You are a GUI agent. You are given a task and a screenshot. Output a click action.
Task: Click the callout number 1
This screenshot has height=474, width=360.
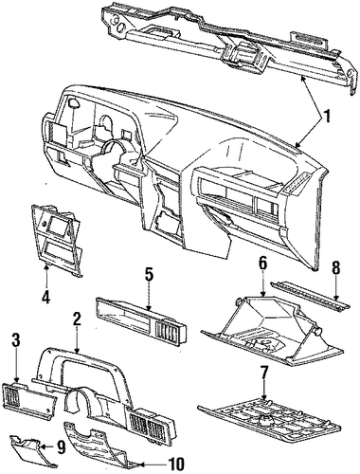327,117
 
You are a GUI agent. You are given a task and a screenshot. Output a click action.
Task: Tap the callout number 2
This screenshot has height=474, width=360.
77,320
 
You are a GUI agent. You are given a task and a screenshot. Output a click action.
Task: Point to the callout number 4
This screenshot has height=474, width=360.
46,296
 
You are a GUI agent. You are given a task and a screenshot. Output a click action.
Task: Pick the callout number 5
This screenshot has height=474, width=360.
149,276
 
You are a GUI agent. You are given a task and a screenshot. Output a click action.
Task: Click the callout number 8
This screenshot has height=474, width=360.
335,268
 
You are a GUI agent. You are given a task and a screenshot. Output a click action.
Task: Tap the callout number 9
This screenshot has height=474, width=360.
61,447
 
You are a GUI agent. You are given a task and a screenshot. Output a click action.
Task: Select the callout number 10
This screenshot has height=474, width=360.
174,464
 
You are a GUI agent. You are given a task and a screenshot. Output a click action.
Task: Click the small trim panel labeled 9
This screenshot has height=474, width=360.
33,451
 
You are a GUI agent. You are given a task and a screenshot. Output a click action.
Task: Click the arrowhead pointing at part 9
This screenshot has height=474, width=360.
42,447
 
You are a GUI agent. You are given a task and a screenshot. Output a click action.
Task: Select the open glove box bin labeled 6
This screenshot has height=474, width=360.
272,330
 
